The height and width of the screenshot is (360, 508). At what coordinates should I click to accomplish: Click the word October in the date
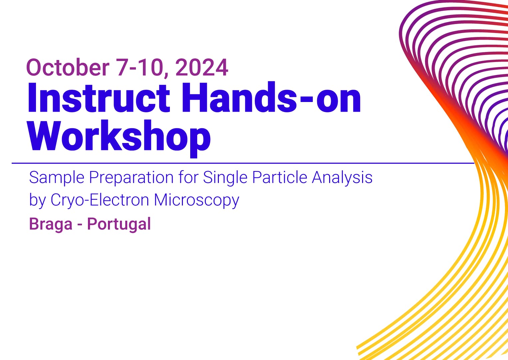tap(68, 67)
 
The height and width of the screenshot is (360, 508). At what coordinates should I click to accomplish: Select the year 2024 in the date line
tap(202, 67)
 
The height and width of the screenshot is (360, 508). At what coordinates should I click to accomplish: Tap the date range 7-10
tap(139, 67)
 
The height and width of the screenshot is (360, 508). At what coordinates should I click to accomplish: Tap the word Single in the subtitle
tap(225, 177)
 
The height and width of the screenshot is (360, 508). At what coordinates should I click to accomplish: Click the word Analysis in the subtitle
tap(342, 177)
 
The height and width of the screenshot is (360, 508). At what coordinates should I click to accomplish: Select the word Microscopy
tap(197, 200)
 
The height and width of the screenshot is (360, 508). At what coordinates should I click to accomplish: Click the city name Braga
tap(51, 224)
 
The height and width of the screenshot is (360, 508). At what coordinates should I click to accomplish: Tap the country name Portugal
tap(119, 224)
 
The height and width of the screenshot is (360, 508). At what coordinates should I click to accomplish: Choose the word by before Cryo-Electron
tap(37, 200)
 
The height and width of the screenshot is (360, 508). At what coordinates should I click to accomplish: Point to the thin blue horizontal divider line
tap(233, 163)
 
